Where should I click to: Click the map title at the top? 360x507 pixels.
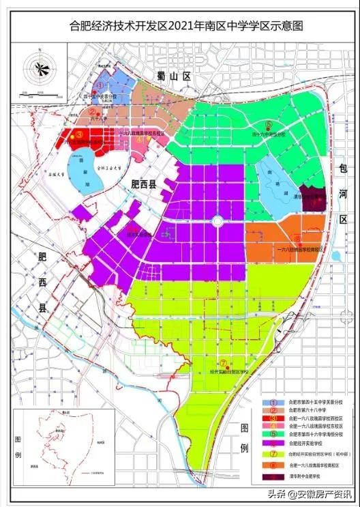point(180,27)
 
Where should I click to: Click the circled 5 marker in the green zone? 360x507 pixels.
point(269,124)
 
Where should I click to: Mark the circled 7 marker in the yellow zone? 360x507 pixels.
point(223,362)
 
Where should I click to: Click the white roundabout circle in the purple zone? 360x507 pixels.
point(217,220)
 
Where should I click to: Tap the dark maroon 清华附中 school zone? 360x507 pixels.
point(316,197)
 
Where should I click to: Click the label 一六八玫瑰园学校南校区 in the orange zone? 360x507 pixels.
point(298,250)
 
